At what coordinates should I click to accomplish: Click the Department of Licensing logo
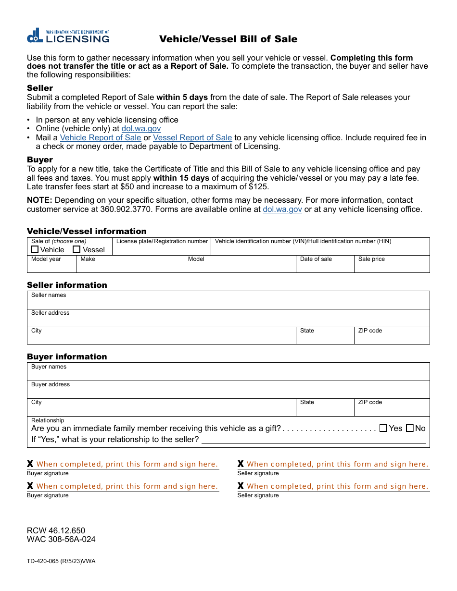(68, 36)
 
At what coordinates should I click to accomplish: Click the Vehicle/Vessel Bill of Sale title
(228, 39)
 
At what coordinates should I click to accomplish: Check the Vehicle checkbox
(35, 249)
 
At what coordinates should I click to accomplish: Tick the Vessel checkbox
(76, 249)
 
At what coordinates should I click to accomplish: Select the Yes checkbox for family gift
(383, 428)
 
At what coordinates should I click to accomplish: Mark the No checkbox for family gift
(410, 428)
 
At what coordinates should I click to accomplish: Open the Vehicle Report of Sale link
(101, 137)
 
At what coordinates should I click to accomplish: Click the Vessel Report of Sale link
(192, 137)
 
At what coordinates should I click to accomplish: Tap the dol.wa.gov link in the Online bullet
(141, 129)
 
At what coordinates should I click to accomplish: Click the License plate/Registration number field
(162, 249)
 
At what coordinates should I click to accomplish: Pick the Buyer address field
(228, 392)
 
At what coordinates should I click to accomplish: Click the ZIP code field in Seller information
(392, 338)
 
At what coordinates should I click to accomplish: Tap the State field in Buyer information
(325, 410)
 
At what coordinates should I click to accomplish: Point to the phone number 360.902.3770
(124, 209)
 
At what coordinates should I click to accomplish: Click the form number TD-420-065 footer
(61, 561)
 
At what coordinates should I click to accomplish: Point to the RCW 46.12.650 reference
(56, 530)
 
